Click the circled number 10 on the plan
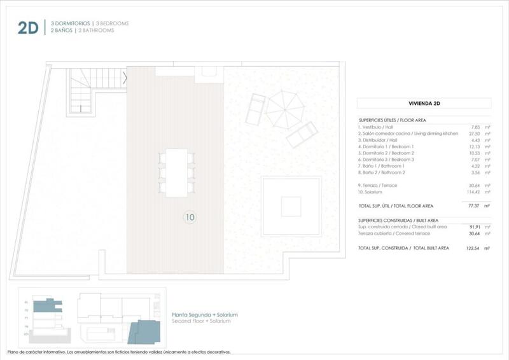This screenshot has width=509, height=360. tap(190, 217)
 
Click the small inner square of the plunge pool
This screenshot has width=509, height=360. tap(291, 206)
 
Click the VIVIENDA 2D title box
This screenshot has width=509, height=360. tap(424, 103)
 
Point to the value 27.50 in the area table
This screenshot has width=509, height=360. tap(474, 134)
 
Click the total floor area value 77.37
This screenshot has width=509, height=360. tap(474, 205)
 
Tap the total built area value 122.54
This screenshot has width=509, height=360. tap(472, 247)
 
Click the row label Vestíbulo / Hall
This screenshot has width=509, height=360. tap(376, 127)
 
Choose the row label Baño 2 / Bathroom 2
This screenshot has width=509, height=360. tap(382, 172)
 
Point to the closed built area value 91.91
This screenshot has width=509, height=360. tap(474, 226)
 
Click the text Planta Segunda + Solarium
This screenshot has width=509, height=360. tap(205, 315)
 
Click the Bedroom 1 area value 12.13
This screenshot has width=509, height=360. tap(474, 146)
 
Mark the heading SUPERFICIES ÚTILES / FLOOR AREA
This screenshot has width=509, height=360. tap(392, 120)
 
